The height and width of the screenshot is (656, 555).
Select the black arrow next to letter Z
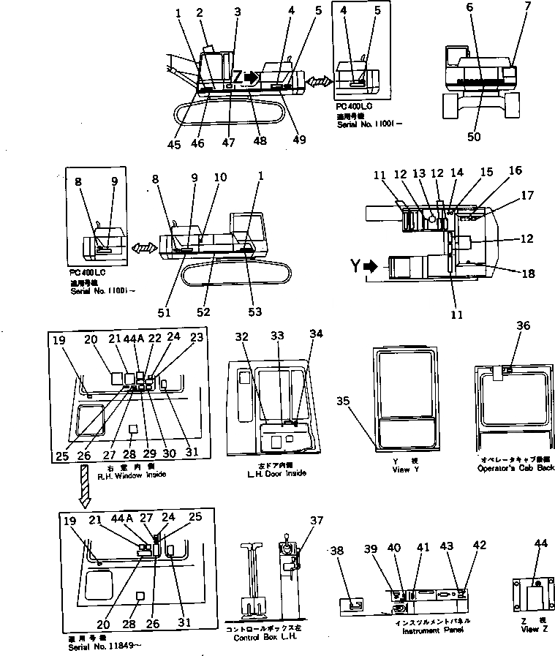[251, 76]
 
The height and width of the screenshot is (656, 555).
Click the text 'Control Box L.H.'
[263, 636]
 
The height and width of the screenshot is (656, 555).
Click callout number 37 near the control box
[316, 521]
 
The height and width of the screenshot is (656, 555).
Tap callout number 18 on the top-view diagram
[529, 274]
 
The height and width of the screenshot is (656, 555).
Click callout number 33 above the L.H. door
[276, 336]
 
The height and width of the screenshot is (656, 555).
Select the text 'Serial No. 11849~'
[91, 646]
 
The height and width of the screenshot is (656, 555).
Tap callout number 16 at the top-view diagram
[516, 170]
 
